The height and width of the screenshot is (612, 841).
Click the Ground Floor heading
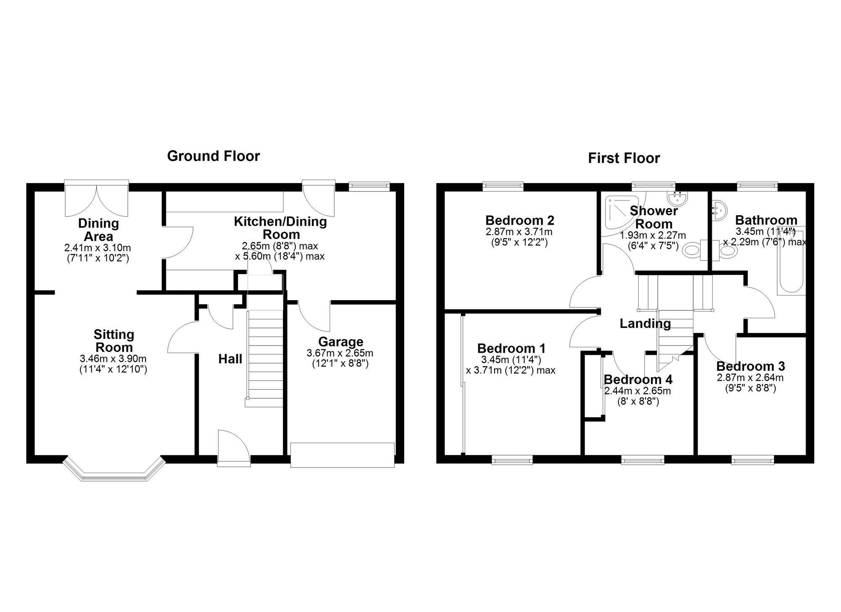tap(213, 156)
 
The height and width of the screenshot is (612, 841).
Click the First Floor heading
tap(624, 158)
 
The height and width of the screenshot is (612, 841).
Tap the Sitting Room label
tap(114, 341)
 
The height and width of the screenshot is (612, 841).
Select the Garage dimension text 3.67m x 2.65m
tap(340, 354)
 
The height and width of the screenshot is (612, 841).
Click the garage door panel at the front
tap(342, 455)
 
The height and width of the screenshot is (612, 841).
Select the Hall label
tap(230, 359)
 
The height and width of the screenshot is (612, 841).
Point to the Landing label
tap(645, 324)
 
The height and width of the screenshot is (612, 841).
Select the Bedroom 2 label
tap(520, 220)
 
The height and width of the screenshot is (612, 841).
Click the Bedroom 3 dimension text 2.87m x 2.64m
tap(750, 378)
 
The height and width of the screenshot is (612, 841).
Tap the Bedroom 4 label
tap(638, 380)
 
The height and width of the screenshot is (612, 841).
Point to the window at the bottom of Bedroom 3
tap(753, 461)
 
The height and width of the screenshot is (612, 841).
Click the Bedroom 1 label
tap(511, 349)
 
